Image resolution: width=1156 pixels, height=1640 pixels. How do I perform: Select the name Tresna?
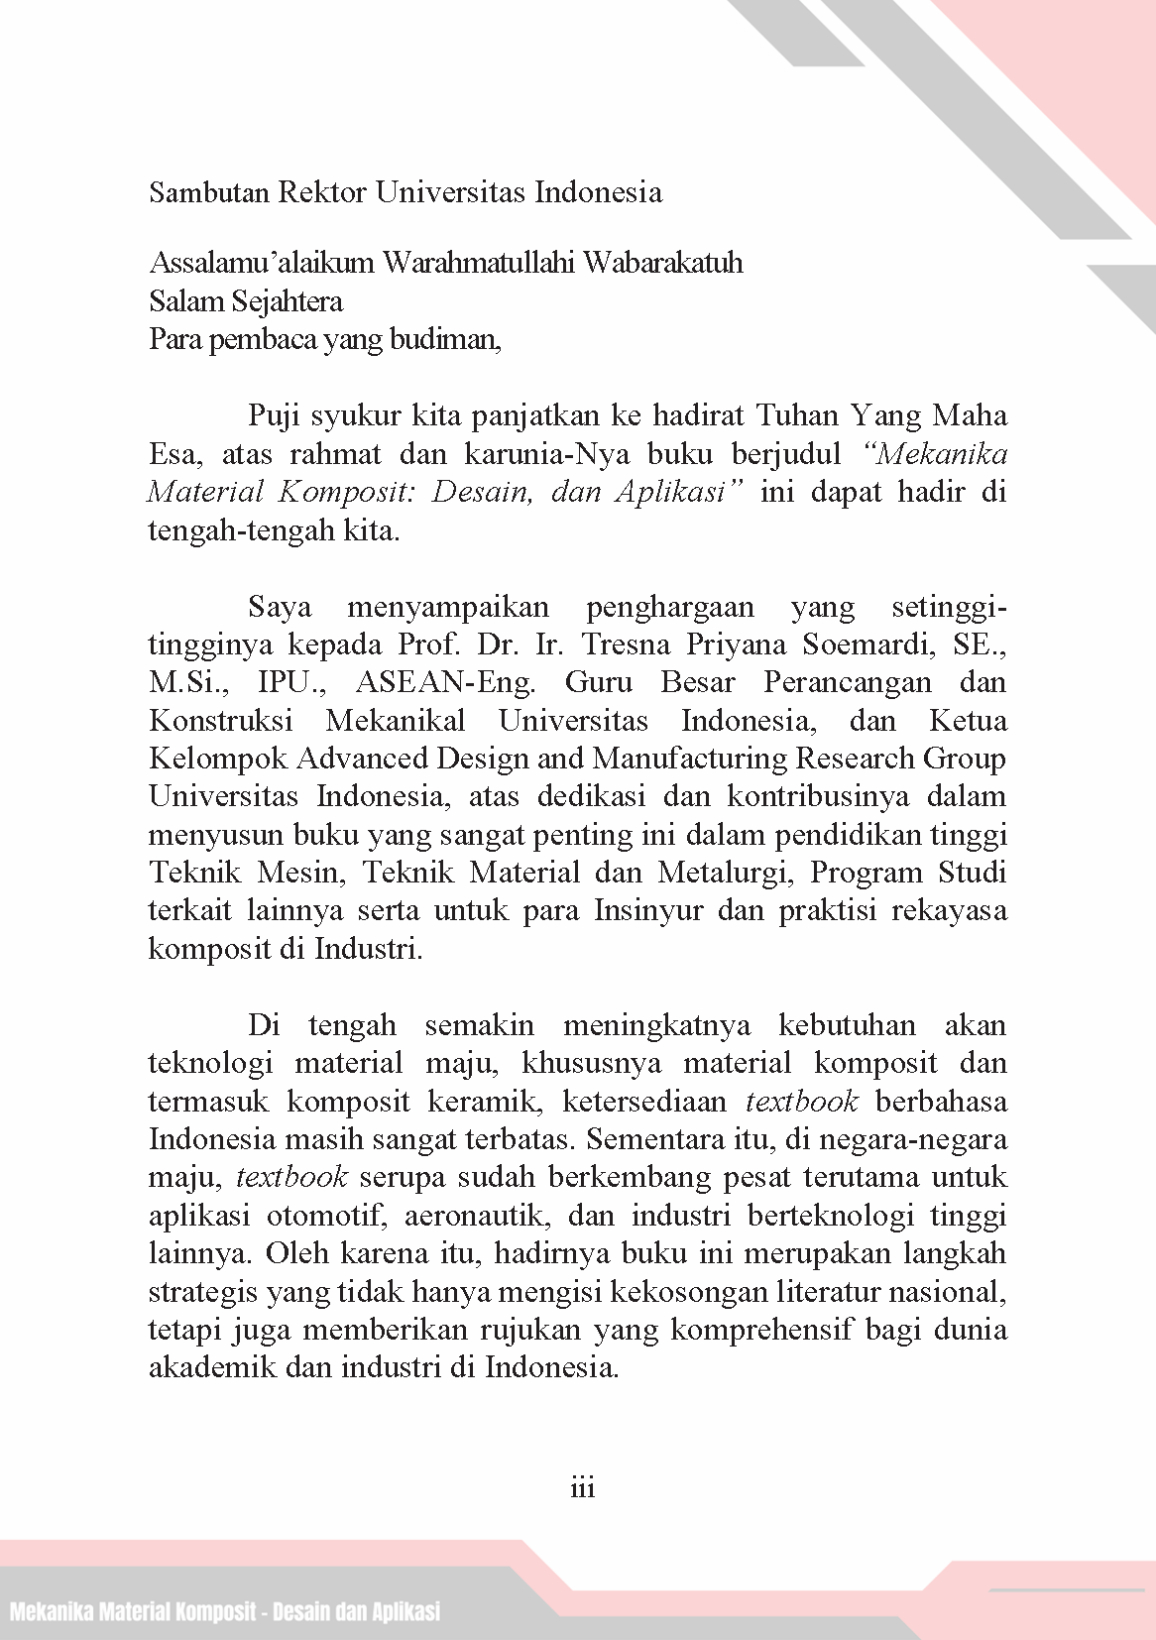point(627,645)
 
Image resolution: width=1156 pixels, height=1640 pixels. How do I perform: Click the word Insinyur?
point(650,911)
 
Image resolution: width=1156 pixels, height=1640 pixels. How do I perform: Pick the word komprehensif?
point(762,1330)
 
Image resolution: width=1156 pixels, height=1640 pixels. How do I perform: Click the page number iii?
point(582,1487)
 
